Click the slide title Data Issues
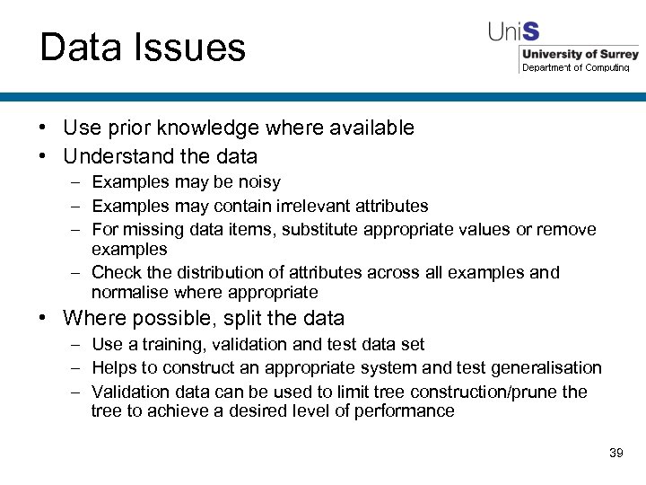tap(143, 48)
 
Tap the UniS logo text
tap(513, 31)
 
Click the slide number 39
tap(615, 453)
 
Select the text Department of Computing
tap(576, 67)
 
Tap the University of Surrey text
tap(581, 54)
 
